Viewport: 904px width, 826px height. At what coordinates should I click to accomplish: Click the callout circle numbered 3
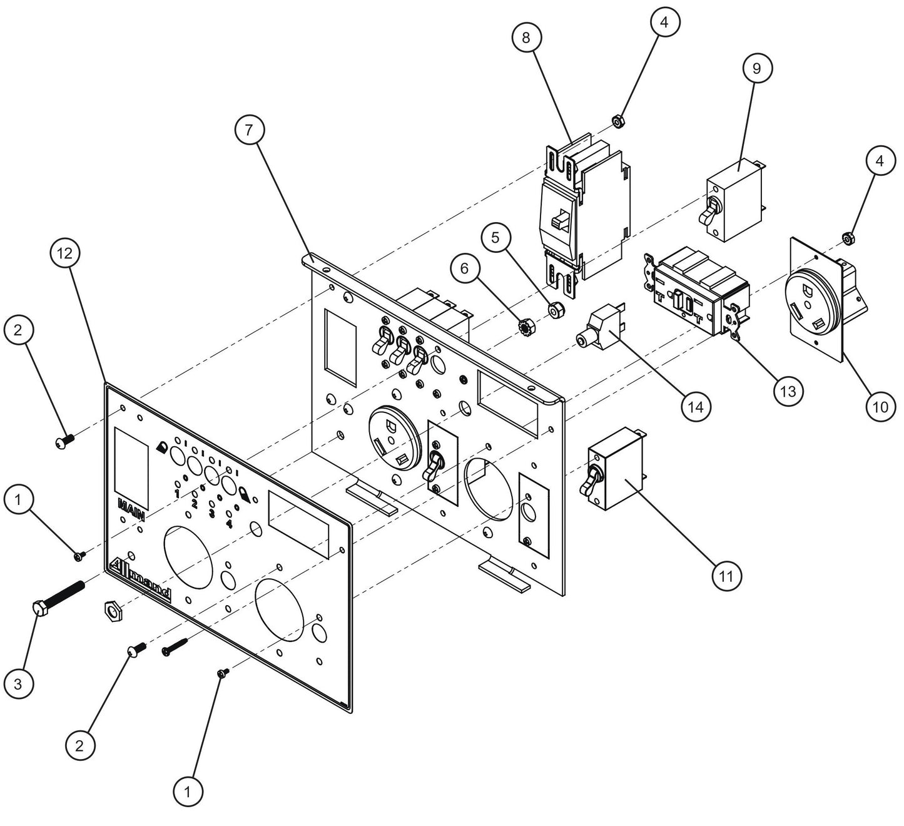point(18,684)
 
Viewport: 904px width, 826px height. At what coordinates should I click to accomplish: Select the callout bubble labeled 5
point(495,238)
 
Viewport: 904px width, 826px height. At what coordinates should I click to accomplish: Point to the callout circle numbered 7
point(249,130)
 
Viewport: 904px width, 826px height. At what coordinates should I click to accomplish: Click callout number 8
point(526,38)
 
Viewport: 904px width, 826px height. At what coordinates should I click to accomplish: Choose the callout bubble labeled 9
point(757,68)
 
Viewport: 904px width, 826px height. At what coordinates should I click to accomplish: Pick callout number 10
point(880,407)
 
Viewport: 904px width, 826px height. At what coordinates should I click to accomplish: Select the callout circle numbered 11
point(726,574)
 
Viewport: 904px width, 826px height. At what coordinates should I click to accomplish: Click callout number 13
point(788,391)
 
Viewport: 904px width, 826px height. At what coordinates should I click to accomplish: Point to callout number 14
point(696,407)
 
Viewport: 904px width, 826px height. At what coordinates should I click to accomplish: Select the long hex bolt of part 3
point(59,596)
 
